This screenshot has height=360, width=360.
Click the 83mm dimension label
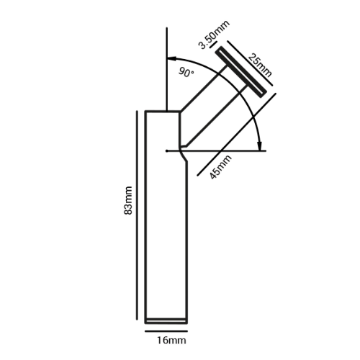click(x=128, y=200)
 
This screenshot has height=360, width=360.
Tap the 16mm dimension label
click(x=171, y=341)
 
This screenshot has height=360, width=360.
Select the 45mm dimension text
click(x=220, y=167)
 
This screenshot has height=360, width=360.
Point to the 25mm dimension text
click(x=260, y=65)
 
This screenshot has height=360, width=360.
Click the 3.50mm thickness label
click(x=215, y=35)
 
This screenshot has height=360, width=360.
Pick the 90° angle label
click(x=186, y=72)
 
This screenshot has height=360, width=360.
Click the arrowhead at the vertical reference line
click(x=172, y=58)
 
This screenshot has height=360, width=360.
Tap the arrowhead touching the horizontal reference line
click(x=259, y=145)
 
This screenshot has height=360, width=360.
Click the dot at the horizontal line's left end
click(x=167, y=151)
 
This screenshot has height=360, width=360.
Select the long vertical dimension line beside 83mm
click(x=137, y=215)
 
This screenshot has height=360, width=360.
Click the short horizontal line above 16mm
click(x=166, y=331)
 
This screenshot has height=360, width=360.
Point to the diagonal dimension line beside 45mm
click(x=237, y=135)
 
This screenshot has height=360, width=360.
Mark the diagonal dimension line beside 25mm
click(x=250, y=63)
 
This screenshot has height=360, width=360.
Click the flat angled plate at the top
click(x=241, y=72)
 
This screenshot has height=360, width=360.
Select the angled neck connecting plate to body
click(x=213, y=107)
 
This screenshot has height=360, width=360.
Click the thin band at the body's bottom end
click(x=166, y=321)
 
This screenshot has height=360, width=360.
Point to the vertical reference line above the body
click(x=167, y=69)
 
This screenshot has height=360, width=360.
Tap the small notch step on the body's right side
click(x=184, y=156)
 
